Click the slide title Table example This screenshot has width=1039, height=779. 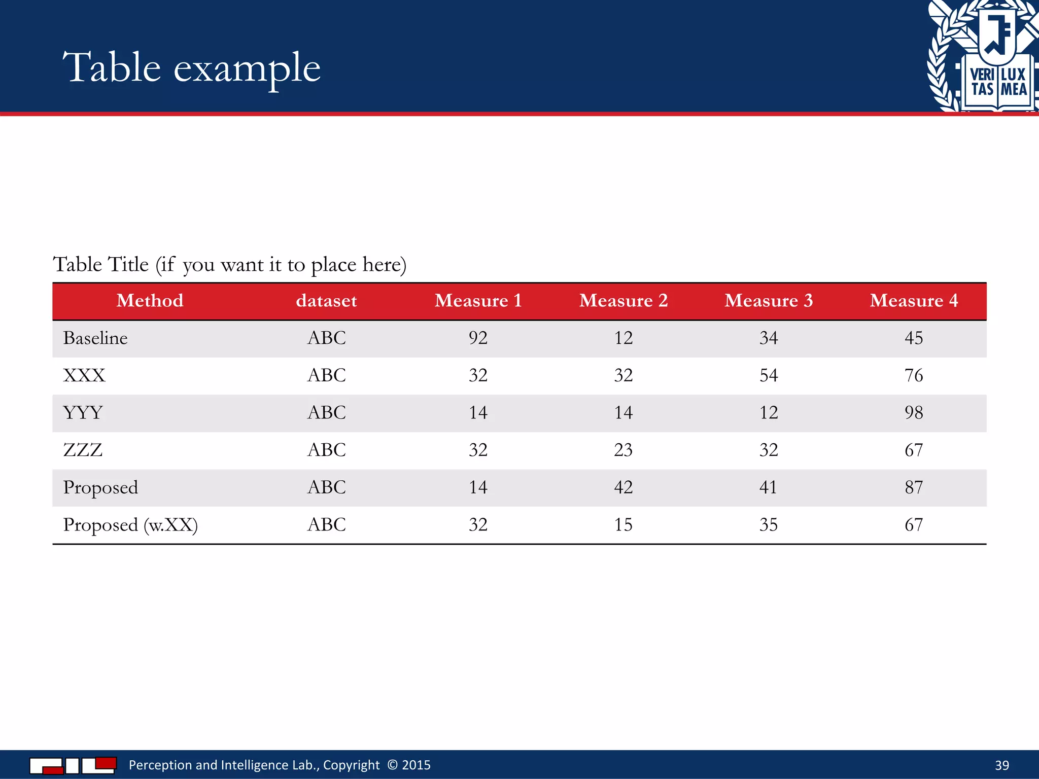191,68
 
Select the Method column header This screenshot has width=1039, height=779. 150,301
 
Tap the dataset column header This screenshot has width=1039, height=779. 326,301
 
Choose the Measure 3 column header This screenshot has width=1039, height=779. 769,301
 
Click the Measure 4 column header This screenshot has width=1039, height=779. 914,301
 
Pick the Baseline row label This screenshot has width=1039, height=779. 95,338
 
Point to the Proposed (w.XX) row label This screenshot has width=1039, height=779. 130,525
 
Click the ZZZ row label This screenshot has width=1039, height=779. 83,450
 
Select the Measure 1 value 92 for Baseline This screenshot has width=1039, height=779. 478,338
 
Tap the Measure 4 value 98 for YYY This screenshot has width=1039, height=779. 914,413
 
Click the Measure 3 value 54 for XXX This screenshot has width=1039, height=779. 769,375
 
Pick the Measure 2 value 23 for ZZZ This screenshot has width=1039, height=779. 623,450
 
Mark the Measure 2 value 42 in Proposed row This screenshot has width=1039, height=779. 623,487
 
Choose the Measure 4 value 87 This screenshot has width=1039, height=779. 914,487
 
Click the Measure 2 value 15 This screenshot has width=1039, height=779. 623,525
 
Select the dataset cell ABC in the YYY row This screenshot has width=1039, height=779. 326,413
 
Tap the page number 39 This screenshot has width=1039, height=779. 1001,765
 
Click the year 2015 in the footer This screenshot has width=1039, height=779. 416,765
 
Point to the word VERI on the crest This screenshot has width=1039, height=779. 982,75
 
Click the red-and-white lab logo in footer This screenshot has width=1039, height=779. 73,765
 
